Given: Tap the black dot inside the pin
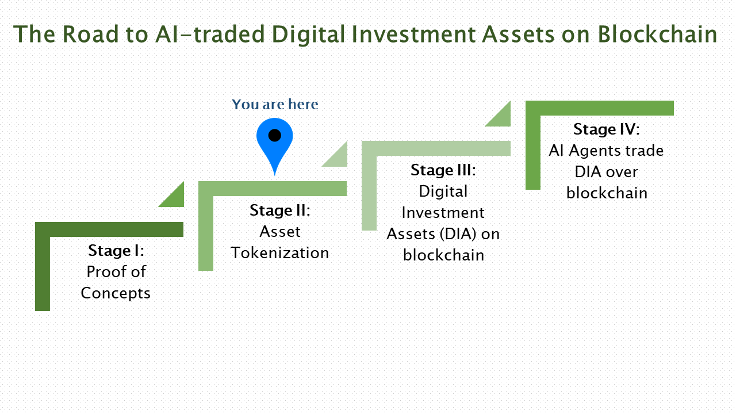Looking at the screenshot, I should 275,136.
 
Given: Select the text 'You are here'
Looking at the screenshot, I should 275,105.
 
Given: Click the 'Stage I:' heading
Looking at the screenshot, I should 116,251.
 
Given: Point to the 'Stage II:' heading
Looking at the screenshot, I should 279,210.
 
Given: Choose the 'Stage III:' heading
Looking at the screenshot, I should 443,170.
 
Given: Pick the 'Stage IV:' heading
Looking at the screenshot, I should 606,129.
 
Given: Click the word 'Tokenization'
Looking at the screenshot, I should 280,253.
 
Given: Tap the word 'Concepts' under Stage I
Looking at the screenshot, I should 116,293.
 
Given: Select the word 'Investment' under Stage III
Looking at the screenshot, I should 443,213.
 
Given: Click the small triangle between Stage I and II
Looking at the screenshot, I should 175,197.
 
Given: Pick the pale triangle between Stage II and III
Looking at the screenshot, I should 338,157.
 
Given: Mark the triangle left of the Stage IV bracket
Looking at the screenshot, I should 501,117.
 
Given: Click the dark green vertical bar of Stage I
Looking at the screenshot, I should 43,270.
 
